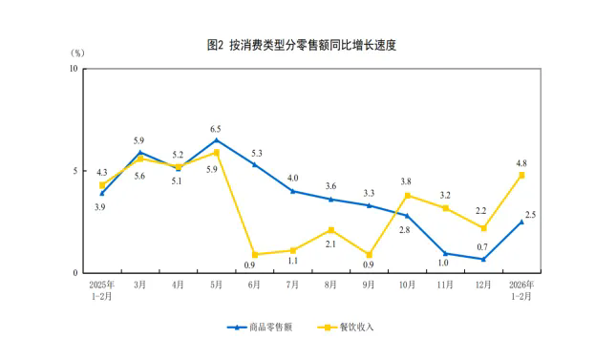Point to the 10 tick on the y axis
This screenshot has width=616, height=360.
(74, 69)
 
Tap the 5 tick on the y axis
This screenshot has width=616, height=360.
(75, 171)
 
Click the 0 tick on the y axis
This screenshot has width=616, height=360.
(75, 273)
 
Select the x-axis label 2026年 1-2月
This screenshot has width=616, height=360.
(521, 290)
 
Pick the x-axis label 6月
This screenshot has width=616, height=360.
(254, 285)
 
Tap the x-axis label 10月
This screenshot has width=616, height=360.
(407, 285)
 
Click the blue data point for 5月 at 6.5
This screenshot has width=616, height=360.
(217, 140)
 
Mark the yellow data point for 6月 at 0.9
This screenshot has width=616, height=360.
(255, 255)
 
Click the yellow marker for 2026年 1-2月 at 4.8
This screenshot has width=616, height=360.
(521, 175)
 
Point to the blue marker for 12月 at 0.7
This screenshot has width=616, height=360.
(483, 259)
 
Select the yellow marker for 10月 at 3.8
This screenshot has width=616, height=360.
(408, 196)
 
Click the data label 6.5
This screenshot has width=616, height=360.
(216, 128)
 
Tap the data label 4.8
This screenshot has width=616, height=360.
(520, 162)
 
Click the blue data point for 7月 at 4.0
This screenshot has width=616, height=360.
(293, 191)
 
